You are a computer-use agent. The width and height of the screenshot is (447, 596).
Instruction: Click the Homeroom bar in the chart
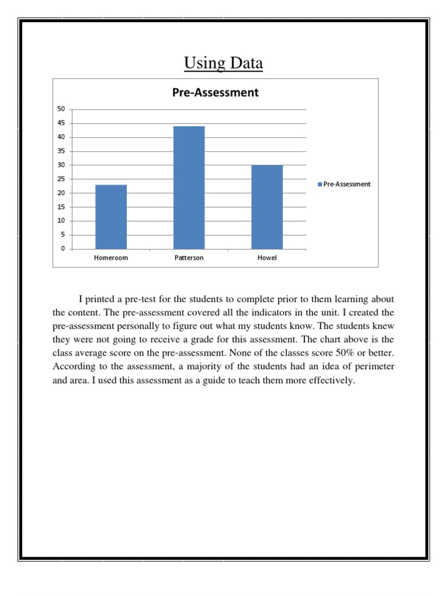111,217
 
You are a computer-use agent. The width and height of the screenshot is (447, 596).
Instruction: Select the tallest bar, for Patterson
189,187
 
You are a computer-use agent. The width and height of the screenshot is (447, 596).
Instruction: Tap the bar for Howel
267,207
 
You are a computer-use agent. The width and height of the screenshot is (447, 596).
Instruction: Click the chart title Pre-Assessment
215,93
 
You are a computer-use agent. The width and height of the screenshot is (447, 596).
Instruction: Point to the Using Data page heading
223,63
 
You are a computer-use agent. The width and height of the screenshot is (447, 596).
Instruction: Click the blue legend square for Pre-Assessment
320,184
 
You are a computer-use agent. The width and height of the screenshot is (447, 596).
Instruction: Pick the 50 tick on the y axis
61,109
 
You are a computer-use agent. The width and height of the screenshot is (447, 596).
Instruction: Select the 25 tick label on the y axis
61,179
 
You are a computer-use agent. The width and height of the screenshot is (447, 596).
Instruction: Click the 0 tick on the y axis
62,249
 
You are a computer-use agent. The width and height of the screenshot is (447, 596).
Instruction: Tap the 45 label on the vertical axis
61,123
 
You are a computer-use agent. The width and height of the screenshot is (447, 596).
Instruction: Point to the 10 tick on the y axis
61,221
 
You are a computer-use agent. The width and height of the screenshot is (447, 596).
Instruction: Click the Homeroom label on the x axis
111,258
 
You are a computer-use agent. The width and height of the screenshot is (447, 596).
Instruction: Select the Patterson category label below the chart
189,258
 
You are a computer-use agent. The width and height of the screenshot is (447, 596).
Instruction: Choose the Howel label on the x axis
267,258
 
